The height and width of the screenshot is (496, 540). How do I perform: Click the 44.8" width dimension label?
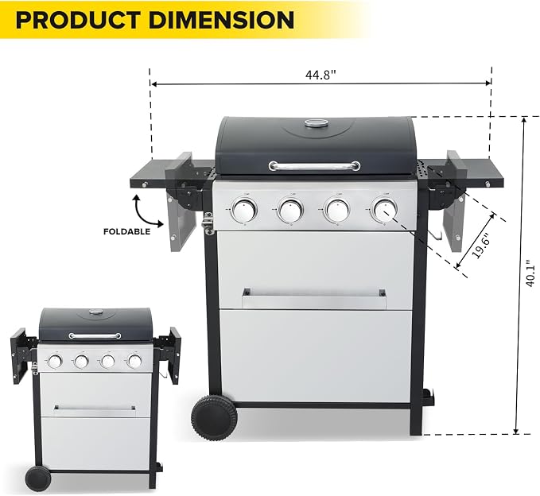pyautogui.click(x=321, y=75)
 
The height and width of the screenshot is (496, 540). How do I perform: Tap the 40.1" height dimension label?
pyautogui.click(x=531, y=275)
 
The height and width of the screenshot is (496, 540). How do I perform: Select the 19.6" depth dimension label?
pyautogui.click(x=481, y=246)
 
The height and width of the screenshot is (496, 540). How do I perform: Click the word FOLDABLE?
pyautogui.click(x=127, y=231)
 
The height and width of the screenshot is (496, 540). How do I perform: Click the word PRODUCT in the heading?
pyautogui.click(x=78, y=20)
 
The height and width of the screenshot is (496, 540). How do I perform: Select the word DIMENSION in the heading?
pyautogui.click(x=221, y=20)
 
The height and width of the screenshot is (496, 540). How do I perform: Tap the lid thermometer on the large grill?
pyautogui.click(x=314, y=123)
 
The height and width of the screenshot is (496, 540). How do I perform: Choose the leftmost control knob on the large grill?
pyautogui.click(x=244, y=210)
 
